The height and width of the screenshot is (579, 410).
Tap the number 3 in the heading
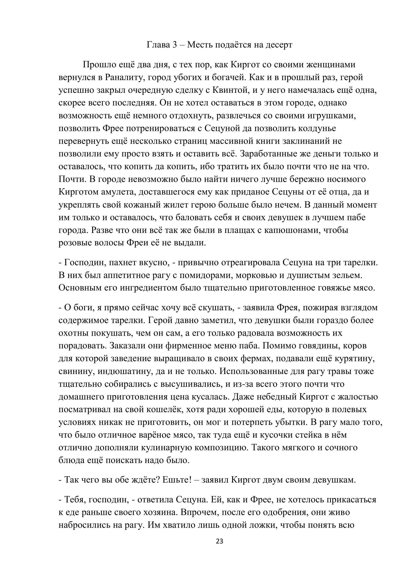pyautogui.click(x=175, y=45)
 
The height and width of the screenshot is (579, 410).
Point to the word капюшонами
pyautogui.click(x=290, y=230)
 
